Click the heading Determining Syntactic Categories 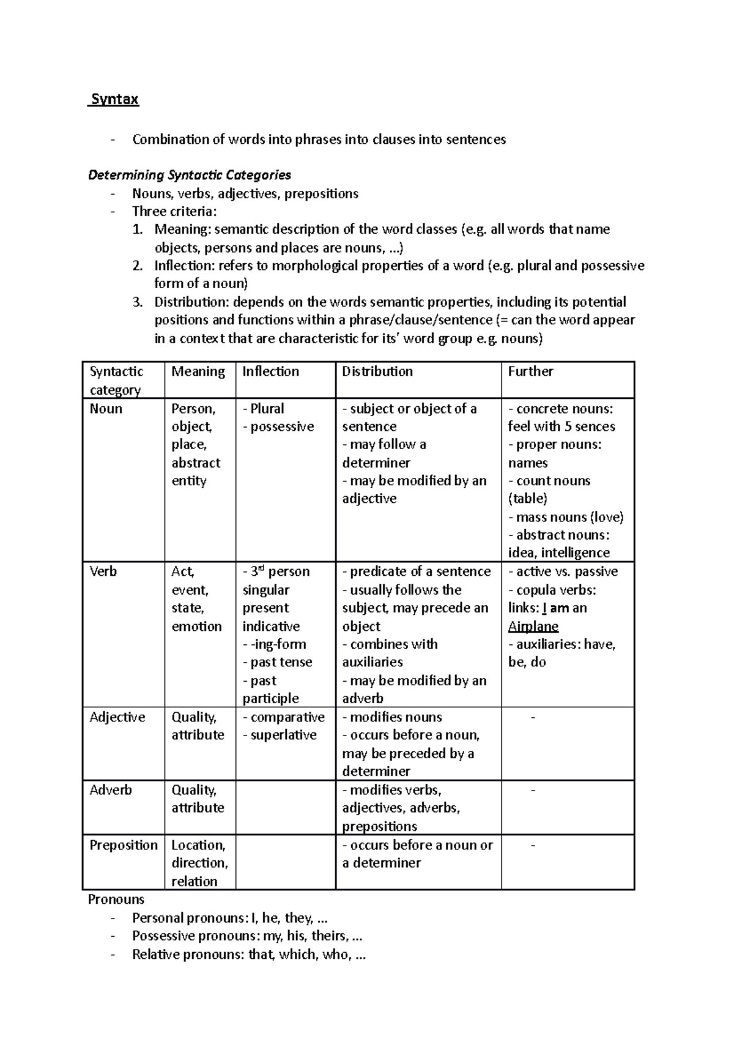pyautogui.click(x=189, y=175)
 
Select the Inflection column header pyautogui.click(x=270, y=371)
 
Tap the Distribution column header pyautogui.click(x=377, y=371)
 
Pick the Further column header pyautogui.click(x=530, y=371)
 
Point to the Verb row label pyautogui.click(x=102, y=572)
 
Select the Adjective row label pyautogui.click(x=117, y=717)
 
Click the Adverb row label pyautogui.click(x=111, y=790)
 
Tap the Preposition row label pyautogui.click(x=124, y=845)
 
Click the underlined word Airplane pyautogui.click(x=533, y=626)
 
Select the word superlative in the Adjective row pyautogui.click(x=283, y=735)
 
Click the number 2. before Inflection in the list pyautogui.click(x=138, y=266)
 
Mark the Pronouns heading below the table pyautogui.click(x=116, y=899)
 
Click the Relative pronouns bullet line pyautogui.click(x=248, y=955)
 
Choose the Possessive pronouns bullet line pyautogui.click(x=247, y=936)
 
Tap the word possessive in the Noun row pyautogui.click(x=282, y=426)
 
